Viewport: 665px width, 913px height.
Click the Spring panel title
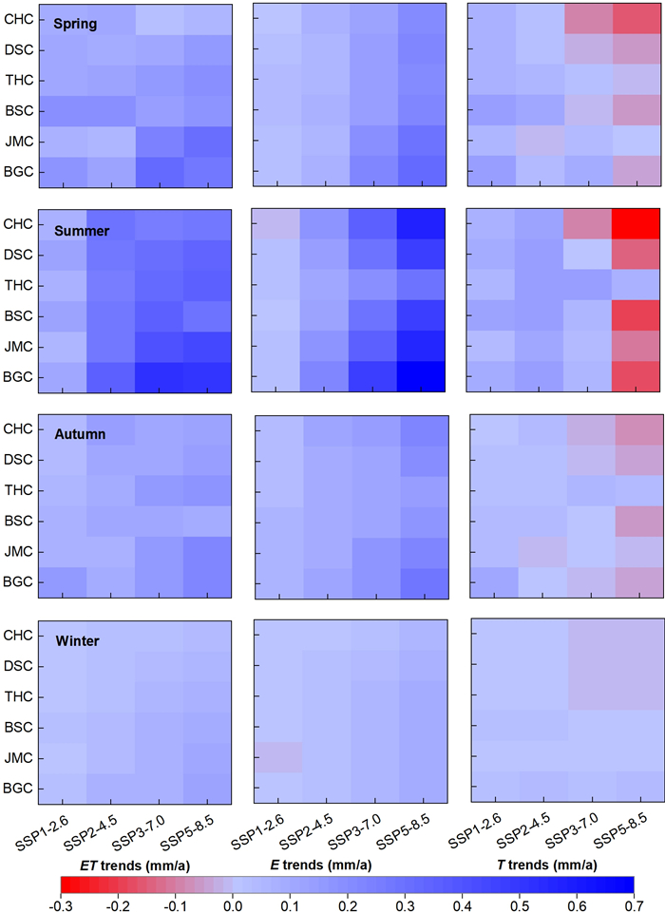[75, 23]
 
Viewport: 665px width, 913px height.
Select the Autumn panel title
[79, 434]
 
